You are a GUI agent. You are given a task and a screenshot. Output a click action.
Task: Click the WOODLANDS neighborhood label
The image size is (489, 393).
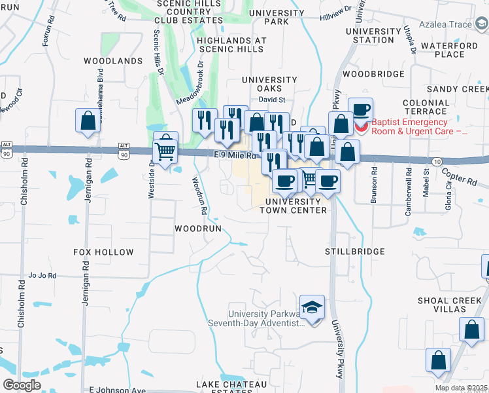tap(113, 61)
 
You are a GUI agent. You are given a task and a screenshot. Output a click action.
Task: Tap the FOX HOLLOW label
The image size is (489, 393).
tap(103, 252)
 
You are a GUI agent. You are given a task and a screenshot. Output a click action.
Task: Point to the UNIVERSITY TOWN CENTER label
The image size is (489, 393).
tap(293, 206)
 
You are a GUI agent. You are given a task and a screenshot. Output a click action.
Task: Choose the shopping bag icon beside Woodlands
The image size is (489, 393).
tap(88, 121)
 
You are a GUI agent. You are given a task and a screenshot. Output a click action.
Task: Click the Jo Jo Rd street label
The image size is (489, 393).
tap(42, 276)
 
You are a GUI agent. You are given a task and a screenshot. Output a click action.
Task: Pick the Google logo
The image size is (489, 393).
tap(22, 384)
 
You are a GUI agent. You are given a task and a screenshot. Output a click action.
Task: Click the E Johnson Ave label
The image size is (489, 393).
tap(118, 390)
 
